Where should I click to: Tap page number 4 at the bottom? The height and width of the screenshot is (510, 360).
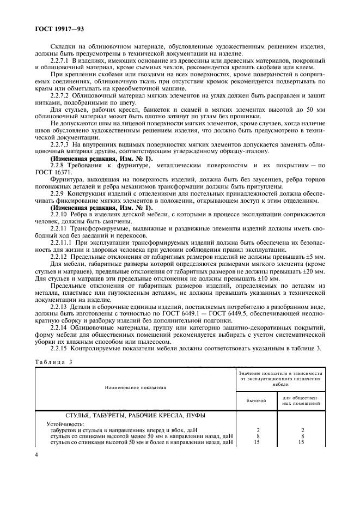click(x=36, y=454)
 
